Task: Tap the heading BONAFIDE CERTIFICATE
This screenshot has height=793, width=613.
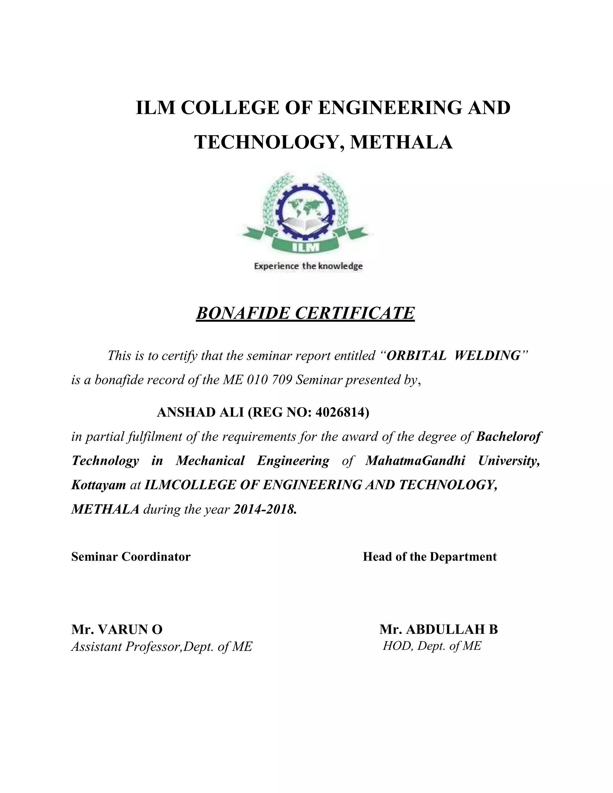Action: coord(305,313)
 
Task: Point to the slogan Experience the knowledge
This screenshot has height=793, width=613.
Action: coord(308,266)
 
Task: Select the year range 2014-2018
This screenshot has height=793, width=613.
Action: coord(264,509)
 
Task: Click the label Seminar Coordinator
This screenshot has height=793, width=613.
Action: coord(131,557)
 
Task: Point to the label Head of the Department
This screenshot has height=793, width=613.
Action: coord(430,557)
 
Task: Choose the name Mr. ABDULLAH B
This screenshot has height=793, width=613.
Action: coord(438,629)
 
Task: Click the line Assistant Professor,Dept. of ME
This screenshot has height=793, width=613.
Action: coord(161,647)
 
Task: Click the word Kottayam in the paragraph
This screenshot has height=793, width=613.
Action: coord(98,485)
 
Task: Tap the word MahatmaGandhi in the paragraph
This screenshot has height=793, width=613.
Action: coord(415,461)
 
